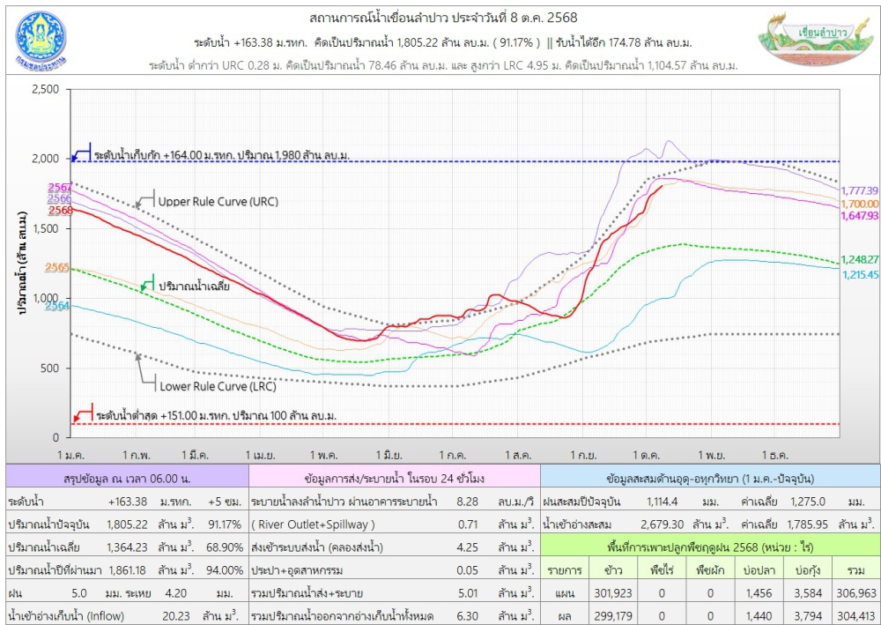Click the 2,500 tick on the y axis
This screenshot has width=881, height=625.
pos(44,89)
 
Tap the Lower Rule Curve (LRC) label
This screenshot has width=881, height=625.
pos(218,386)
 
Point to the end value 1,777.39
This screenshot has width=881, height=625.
pos(860,190)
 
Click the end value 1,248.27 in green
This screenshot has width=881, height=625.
pos(860,259)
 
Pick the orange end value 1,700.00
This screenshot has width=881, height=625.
pos(860,203)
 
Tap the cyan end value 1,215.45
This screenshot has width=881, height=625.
pos(860,274)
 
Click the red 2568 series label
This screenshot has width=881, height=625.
pos(60,211)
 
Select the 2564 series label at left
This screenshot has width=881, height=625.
pos(58,306)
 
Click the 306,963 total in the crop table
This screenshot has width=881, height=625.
pos(855,593)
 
